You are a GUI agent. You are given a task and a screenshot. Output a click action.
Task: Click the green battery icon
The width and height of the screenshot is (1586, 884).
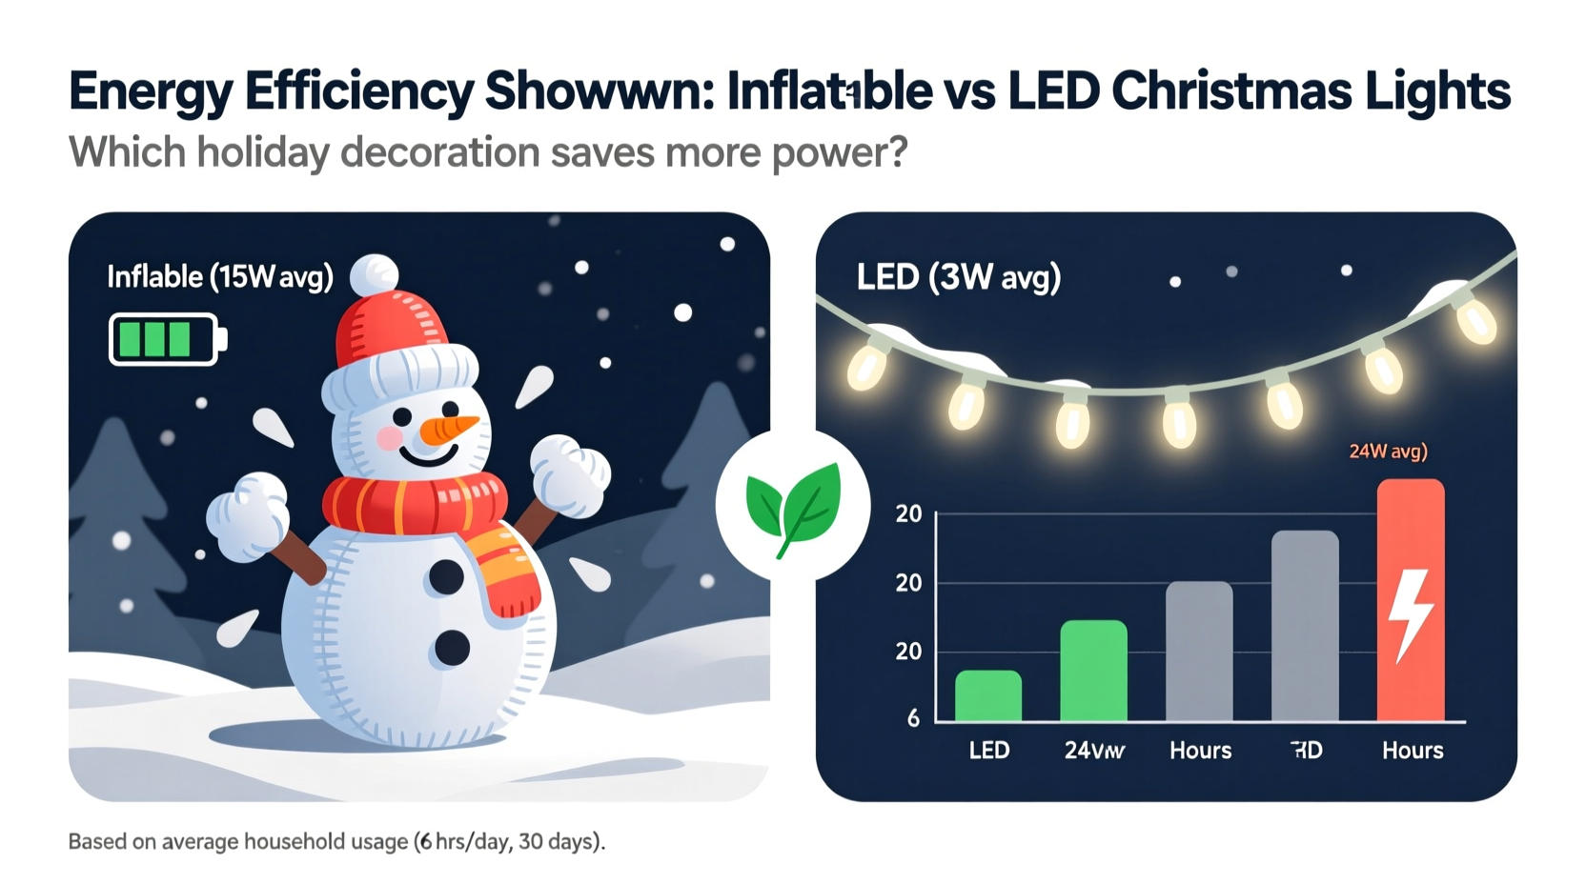pos(168,339)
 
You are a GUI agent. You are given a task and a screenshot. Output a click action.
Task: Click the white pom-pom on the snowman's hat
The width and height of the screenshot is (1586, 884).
pos(374,274)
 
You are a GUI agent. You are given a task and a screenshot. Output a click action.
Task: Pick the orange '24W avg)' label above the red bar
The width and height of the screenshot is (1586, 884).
pos(1388,452)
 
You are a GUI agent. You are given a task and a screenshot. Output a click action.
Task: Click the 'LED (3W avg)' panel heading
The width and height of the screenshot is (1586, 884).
pos(958,277)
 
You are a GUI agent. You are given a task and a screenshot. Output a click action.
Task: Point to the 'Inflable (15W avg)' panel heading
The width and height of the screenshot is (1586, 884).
pos(220,277)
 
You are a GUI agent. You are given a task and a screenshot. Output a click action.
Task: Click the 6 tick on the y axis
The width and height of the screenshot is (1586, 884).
pos(913,718)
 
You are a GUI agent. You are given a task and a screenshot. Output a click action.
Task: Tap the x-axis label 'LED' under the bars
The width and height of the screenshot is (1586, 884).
pos(988,751)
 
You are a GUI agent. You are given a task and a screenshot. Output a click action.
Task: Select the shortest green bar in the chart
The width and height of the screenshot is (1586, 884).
pos(988,695)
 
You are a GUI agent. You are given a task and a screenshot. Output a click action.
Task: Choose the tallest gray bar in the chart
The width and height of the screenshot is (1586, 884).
pos(1305,625)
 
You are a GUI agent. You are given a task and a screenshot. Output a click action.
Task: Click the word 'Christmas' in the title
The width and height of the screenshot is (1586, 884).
pos(1230,91)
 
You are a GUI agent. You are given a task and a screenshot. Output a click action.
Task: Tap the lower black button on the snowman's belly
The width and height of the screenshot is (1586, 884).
pos(452,648)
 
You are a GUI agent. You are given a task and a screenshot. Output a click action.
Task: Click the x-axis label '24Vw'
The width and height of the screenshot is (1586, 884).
pos(1094,751)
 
